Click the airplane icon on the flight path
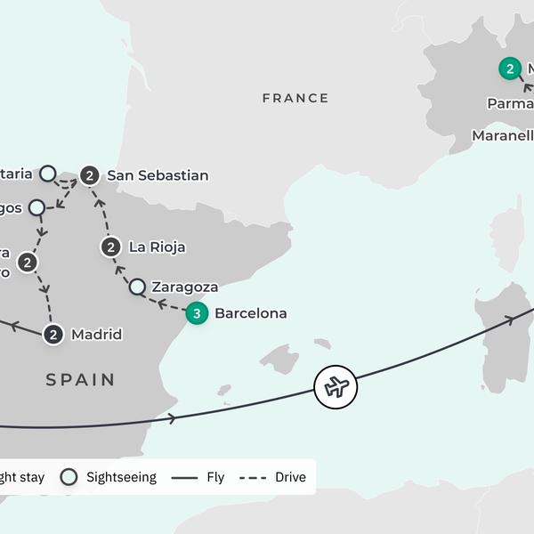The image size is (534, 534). point(336,387)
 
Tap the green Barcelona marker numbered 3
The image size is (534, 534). point(197,313)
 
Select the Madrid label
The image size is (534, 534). point(96,335)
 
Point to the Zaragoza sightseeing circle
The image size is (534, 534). point(137,287)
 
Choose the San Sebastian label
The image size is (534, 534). point(158,175)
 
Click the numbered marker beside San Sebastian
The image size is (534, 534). point(89,175)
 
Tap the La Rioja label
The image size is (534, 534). point(157,247)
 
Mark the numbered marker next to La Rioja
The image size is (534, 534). point(111,247)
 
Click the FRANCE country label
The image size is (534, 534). point(295,98)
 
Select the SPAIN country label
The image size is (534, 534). point(81,380)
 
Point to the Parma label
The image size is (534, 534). point(510,104)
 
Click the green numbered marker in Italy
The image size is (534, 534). point(509,69)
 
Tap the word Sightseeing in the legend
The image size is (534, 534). point(121,477)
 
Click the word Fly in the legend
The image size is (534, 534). point(215,477)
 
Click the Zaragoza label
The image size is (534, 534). point(185,287)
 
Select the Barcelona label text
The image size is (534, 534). point(251,313)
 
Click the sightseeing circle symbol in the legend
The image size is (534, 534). point(69,477)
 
